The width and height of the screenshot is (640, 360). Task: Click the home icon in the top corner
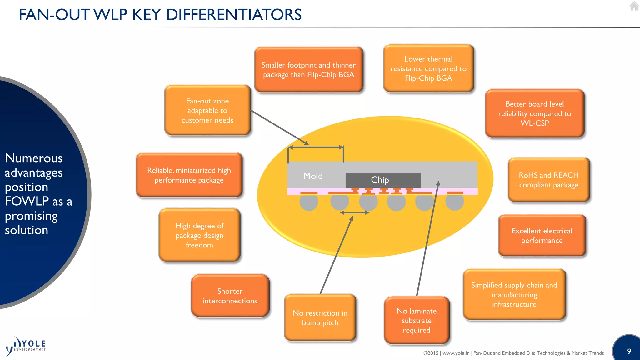pyautogui.click(x=634, y=6)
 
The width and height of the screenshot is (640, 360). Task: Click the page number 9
pyautogui.click(x=629, y=351)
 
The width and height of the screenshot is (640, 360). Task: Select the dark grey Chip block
pyautogui.click(x=383, y=180)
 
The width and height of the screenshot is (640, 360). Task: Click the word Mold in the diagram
pyautogui.click(x=313, y=176)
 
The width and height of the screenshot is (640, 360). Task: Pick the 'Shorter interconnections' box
pyautogui.click(x=230, y=296)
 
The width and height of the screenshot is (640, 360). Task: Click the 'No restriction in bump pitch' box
pyautogui.click(x=320, y=317)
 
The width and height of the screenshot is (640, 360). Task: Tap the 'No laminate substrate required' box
pyautogui.click(x=417, y=320)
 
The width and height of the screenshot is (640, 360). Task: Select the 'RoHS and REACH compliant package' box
pyautogui.click(x=549, y=180)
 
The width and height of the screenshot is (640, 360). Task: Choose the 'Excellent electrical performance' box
pyautogui.click(x=542, y=236)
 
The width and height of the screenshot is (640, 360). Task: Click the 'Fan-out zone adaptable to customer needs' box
pyautogui.click(x=207, y=110)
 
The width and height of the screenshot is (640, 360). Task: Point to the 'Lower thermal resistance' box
pyautogui.click(x=428, y=68)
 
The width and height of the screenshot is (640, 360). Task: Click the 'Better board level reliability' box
pyautogui.click(x=534, y=113)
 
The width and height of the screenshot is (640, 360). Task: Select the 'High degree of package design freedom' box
pyautogui.click(x=199, y=235)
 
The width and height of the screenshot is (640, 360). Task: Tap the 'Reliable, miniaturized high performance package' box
pyautogui.click(x=189, y=175)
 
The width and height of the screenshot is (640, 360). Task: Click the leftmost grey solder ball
pyautogui.click(x=309, y=202)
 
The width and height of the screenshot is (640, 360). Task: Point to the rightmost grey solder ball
pyautogui.click(x=454, y=202)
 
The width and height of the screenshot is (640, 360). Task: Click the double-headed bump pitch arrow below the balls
pyautogui.click(x=354, y=212)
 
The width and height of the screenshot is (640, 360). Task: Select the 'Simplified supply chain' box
pyautogui.click(x=514, y=295)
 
